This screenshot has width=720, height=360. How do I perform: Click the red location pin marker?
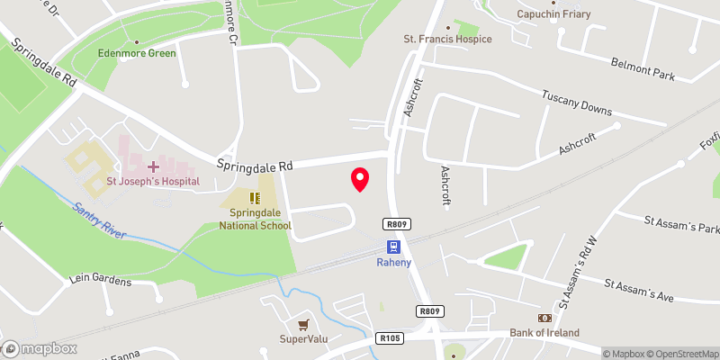(x=360, y=179)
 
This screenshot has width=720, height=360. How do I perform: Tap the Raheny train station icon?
(x=394, y=247)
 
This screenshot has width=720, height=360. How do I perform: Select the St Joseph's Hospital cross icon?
(x=153, y=166)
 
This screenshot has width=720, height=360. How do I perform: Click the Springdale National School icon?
(x=256, y=197)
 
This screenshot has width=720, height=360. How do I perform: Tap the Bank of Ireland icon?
(x=544, y=318)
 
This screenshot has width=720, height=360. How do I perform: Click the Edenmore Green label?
(x=137, y=53)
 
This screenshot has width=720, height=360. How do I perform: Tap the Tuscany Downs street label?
(x=576, y=103)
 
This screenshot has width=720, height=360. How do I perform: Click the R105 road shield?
(x=389, y=339)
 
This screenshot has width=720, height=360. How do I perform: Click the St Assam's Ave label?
(x=638, y=291)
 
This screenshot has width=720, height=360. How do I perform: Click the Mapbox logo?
(x=40, y=348)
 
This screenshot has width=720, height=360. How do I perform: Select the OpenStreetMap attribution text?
(x=680, y=354)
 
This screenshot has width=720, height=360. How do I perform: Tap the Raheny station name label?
(x=394, y=263)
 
